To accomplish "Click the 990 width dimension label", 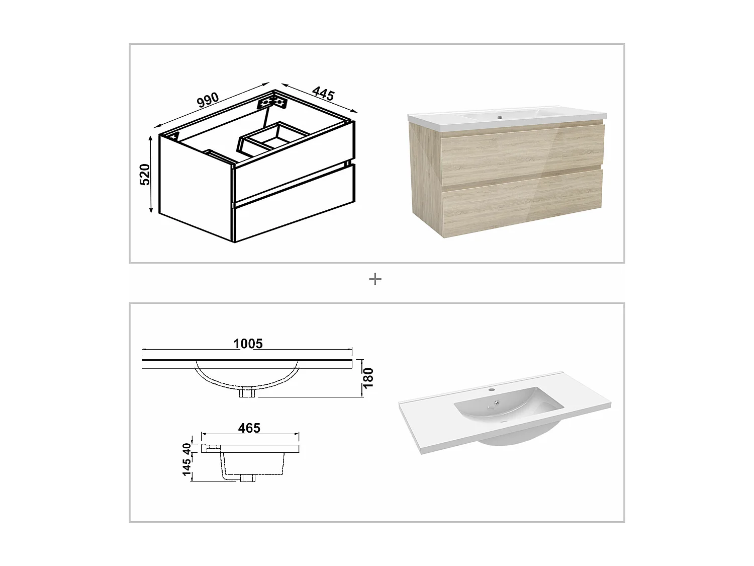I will (x=208, y=100).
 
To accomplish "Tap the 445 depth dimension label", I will (x=323, y=94).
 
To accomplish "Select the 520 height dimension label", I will (x=145, y=174).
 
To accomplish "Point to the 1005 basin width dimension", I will (x=248, y=344).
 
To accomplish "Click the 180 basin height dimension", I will (x=368, y=378).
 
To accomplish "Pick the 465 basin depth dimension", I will (x=249, y=428).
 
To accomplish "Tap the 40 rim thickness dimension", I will (x=187, y=447).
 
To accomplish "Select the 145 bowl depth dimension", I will (x=187, y=467).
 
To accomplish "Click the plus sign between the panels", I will (x=375, y=279).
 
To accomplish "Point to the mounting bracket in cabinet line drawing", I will (x=271, y=103).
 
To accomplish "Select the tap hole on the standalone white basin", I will (x=493, y=389).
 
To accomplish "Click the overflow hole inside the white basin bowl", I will (x=496, y=402).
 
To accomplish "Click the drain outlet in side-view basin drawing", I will (x=247, y=477).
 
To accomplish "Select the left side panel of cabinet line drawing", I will (x=196, y=186).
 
